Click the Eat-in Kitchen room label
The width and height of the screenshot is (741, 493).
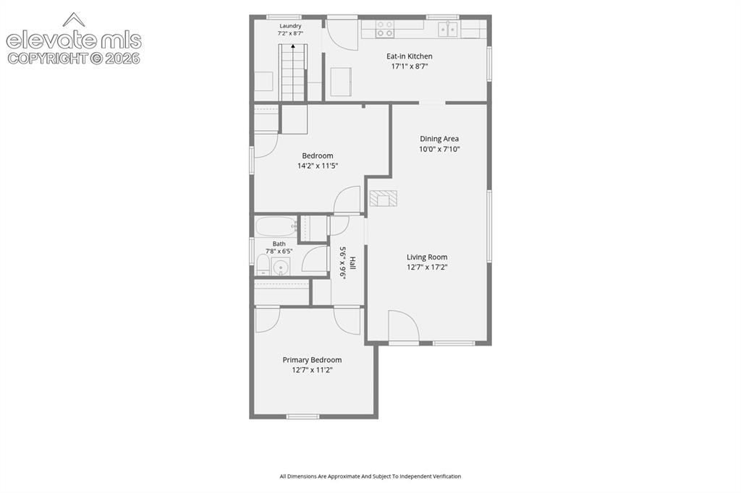(x=410, y=56)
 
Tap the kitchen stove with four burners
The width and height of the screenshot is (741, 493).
(x=384, y=29)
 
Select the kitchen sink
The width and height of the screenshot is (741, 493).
(x=447, y=29)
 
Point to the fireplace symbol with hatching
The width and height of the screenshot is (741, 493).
(x=384, y=198)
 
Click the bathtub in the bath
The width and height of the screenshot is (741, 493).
(x=276, y=227)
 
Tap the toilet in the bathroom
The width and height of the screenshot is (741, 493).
(x=263, y=265)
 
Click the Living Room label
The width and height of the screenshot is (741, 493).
(x=427, y=257)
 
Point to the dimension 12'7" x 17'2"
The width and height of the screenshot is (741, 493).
(x=427, y=267)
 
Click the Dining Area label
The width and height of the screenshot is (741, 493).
(x=439, y=139)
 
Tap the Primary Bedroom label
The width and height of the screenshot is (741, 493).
(x=313, y=360)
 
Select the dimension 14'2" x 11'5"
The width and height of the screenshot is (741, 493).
(x=318, y=166)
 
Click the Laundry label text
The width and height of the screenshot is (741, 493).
(x=290, y=26)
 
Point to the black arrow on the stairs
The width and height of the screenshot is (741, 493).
(x=293, y=47)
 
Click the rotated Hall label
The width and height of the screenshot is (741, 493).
(x=352, y=264)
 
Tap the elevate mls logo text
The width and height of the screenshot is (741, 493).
(x=74, y=40)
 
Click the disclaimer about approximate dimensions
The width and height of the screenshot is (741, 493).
(x=370, y=476)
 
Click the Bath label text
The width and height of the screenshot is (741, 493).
(x=279, y=244)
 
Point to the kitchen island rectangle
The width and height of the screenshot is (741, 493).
(x=342, y=81)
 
